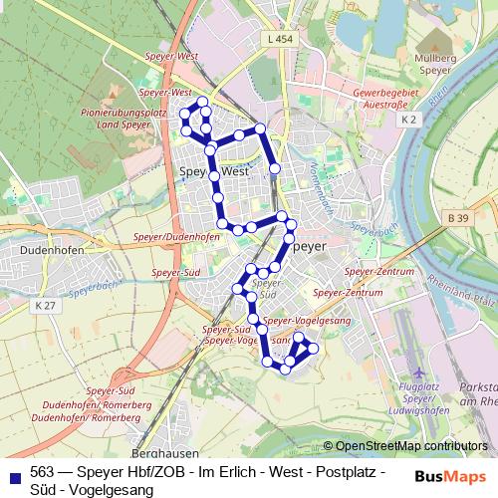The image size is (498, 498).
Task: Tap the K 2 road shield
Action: click(x=407, y=120)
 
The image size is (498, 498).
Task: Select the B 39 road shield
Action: click(x=458, y=217)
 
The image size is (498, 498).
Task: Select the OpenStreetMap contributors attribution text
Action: click(x=411, y=446)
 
